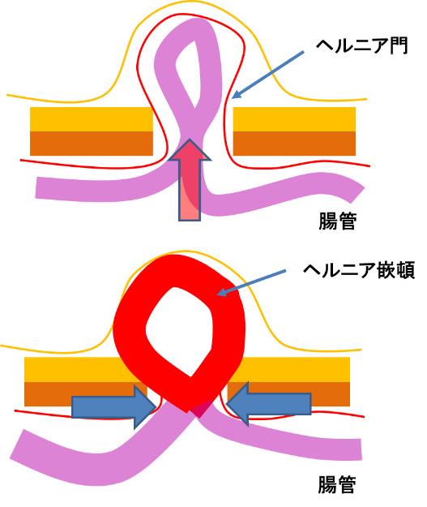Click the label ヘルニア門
(x=361, y=46)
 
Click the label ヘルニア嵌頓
(x=359, y=271)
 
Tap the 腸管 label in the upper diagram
(x=338, y=221)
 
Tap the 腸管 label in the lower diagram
(x=337, y=484)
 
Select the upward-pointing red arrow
(x=190, y=180)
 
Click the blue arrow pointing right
(x=113, y=406)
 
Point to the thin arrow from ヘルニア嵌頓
(x=251, y=282)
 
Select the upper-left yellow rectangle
(x=92, y=119)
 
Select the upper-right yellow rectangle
(x=294, y=119)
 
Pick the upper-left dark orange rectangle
(x=92, y=144)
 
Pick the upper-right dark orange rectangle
(x=294, y=144)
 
